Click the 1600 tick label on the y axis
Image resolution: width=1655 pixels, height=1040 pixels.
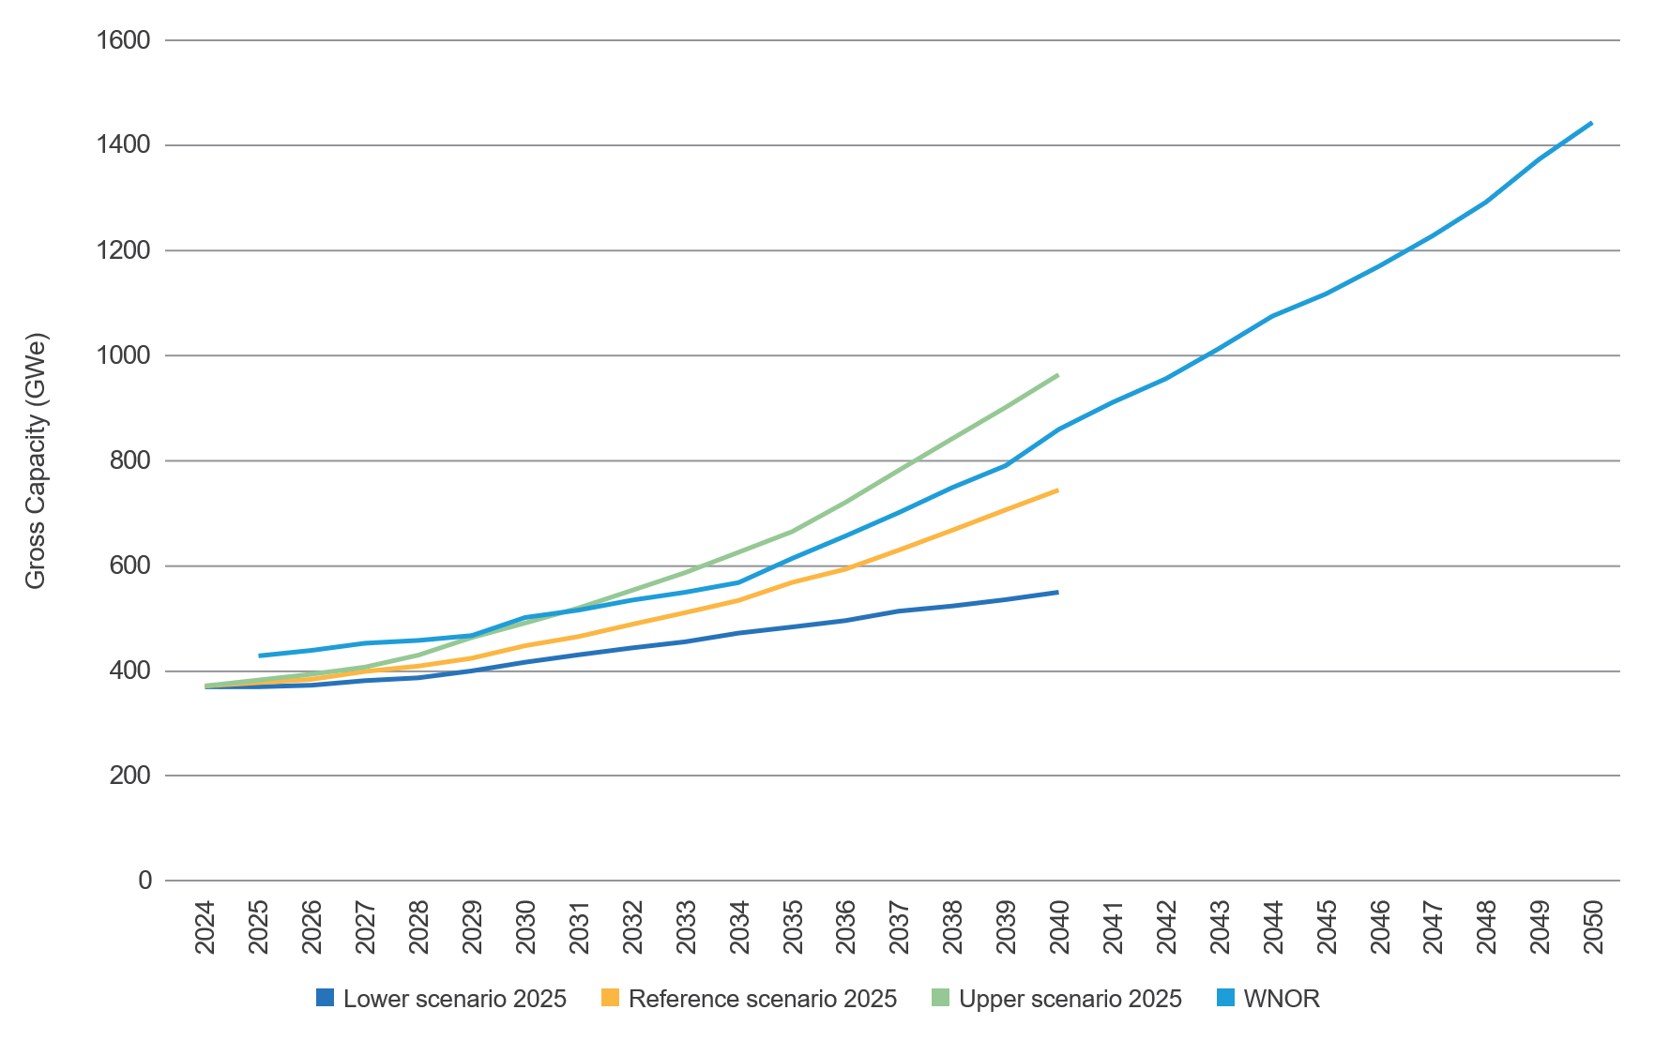coord(124,40)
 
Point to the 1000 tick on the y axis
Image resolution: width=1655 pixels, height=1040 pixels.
coord(124,355)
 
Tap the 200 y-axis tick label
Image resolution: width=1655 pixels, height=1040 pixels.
coord(131,776)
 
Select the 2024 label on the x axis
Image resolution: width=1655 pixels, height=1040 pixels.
coord(205,927)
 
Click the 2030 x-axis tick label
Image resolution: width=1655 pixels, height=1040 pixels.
coord(526,927)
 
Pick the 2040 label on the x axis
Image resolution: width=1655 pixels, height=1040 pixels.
coord(1060,927)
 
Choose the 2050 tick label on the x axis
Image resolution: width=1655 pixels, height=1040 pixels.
coord(1593,927)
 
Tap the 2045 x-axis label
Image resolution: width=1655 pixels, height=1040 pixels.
coord(1327,927)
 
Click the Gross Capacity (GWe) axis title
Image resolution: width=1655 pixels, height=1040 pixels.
coord(36,460)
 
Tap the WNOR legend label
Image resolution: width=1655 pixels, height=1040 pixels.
coord(1281,999)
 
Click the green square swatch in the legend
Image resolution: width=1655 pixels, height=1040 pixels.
coord(941,998)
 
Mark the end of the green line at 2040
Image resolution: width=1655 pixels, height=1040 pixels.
coord(1058,375)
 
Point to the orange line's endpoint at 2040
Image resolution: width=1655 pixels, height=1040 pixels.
coord(1058,490)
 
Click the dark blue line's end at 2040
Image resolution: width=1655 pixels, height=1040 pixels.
coord(1058,592)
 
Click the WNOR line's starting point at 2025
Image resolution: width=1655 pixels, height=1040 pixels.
coord(260,656)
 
